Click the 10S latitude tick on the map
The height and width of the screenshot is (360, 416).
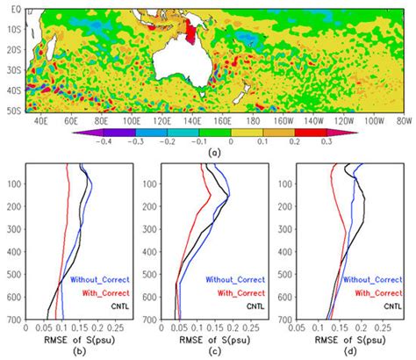pyautogui.click(x=12, y=27)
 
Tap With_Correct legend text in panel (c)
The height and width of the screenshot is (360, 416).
pyautogui.click(x=235, y=292)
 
